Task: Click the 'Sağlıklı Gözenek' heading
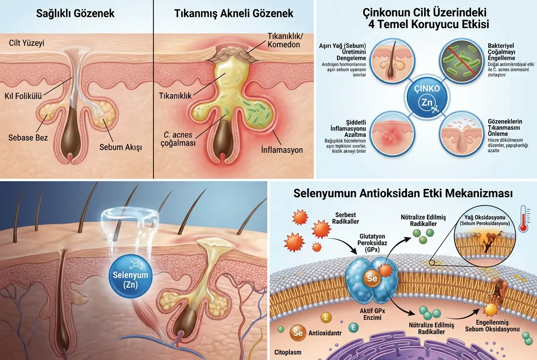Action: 75,14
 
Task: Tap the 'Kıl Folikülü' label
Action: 23,96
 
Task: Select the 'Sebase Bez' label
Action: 28,138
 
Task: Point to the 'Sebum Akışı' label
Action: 121,147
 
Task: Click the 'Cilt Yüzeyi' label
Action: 27,43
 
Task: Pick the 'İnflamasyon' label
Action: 282,150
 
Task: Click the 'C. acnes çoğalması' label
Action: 178,139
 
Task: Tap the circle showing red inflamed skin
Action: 392,134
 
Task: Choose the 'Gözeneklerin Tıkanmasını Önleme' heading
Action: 505,127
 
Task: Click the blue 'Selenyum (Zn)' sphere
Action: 130,276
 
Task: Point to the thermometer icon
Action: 523,219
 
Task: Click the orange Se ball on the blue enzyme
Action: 372,278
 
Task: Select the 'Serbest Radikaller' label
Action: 345,218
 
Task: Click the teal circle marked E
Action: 353,327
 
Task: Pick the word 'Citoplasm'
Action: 288,352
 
